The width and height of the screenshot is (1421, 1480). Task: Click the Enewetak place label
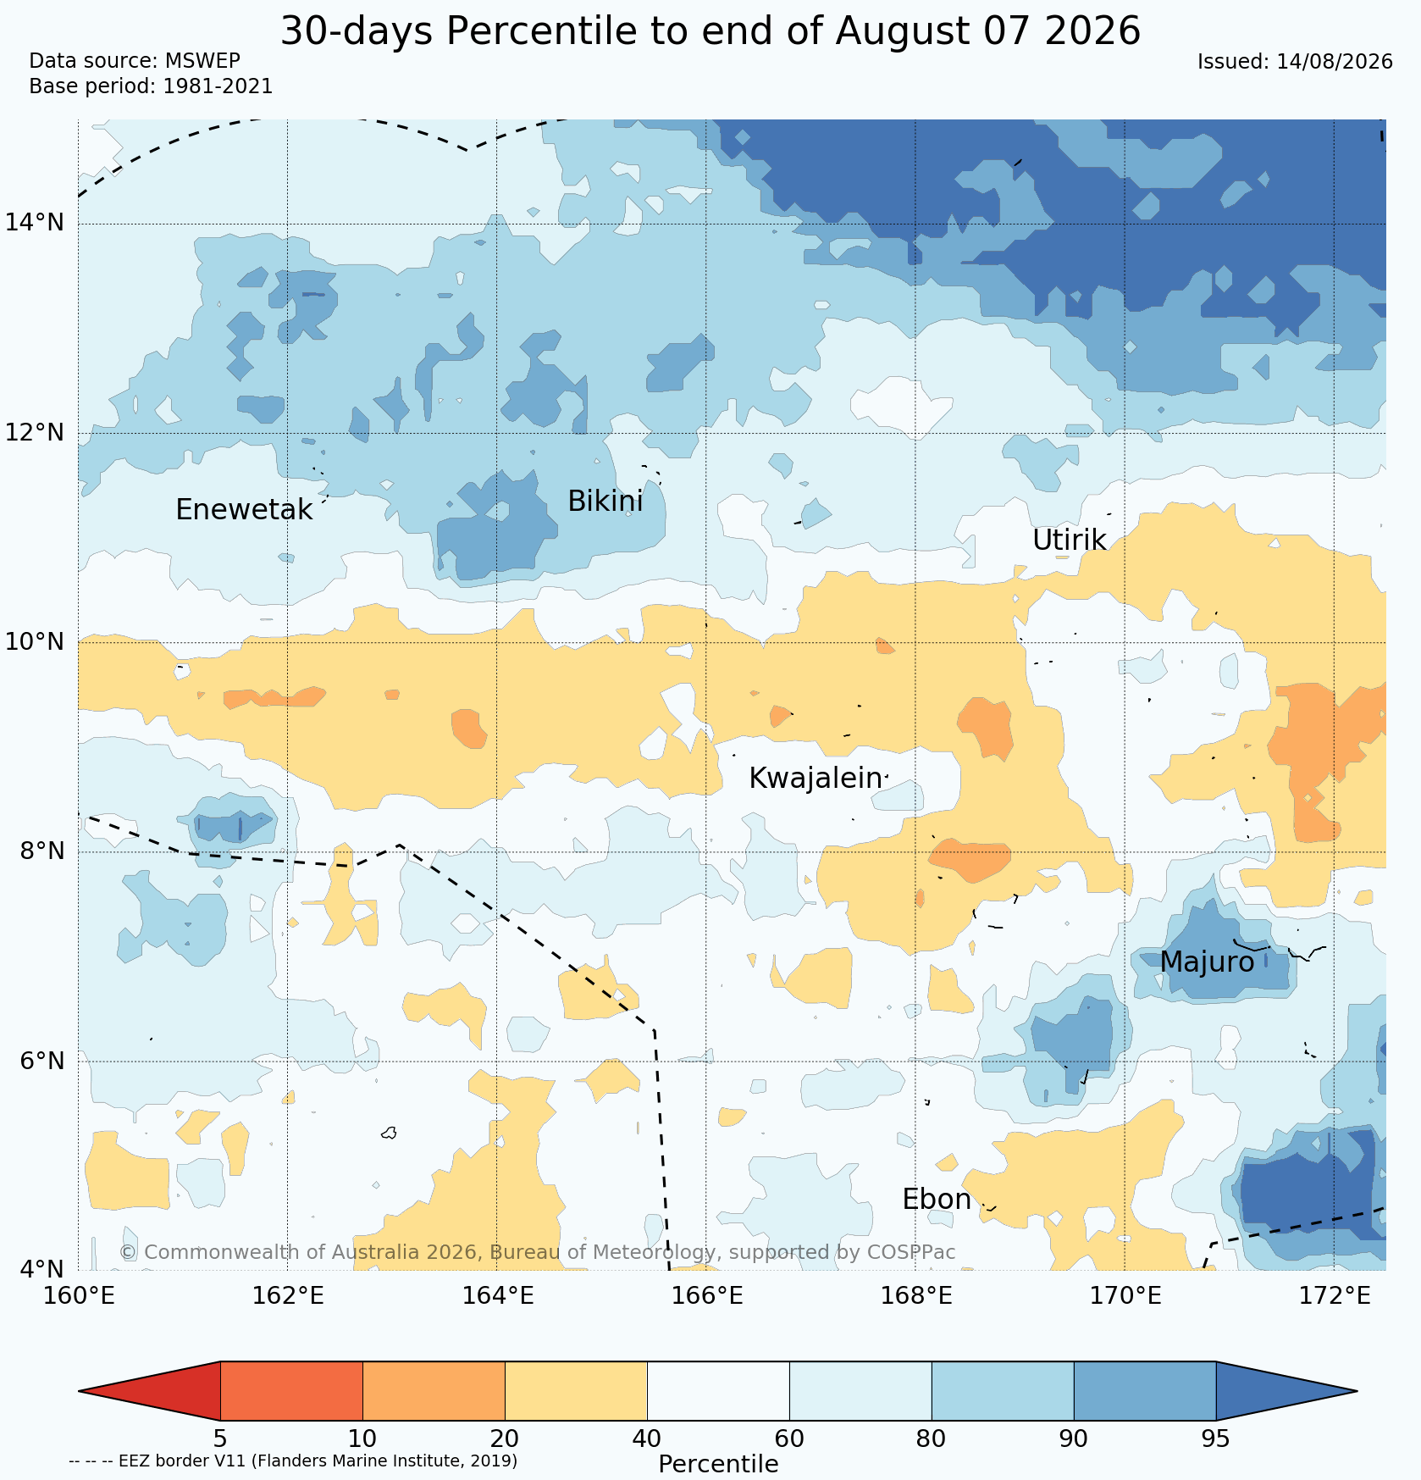click(244, 510)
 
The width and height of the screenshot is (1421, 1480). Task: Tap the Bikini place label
click(605, 502)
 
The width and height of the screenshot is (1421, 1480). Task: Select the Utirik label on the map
click(1070, 540)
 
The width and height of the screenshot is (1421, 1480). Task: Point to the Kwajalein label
click(816, 779)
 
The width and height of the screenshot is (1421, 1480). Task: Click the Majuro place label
click(1207, 962)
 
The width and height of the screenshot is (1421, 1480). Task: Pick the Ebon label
click(937, 1200)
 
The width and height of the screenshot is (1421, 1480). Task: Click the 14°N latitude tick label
click(35, 223)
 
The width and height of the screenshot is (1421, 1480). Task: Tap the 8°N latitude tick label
click(42, 851)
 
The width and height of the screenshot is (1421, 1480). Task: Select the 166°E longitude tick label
click(706, 1295)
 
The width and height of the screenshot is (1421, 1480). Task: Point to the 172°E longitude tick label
click(1335, 1295)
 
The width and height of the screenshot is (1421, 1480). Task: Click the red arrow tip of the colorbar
click(80, 1391)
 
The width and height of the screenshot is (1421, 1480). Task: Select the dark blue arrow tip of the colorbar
click(1357, 1391)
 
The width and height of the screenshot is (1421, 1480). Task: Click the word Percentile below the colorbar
click(718, 1464)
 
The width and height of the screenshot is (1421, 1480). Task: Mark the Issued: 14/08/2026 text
click(1295, 62)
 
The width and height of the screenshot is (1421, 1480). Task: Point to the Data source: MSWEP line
click(135, 61)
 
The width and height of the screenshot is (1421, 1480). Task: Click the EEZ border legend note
click(293, 1461)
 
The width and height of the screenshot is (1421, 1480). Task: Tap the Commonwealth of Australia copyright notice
click(537, 1252)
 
